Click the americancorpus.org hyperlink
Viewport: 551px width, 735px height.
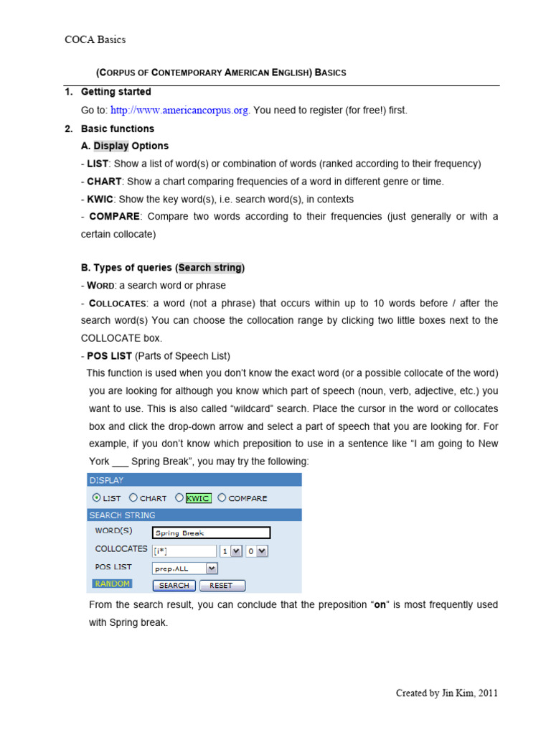pos(180,110)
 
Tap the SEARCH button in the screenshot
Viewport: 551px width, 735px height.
pos(174,585)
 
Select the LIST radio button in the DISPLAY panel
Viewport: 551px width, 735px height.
pos(97,497)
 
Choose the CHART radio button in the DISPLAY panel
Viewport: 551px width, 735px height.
pos(133,497)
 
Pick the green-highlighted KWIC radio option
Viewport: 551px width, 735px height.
pos(179,497)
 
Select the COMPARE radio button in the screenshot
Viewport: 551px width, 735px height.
pos(222,497)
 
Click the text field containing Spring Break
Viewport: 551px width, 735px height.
pos(211,533)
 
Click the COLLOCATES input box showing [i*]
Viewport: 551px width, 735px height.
pos(184,551)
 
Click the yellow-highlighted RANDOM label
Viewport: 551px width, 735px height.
pos(112,584)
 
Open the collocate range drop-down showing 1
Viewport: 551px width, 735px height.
pos(230,551)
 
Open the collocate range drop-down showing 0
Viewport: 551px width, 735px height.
pos(256,551)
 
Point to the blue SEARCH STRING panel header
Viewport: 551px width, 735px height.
pos(194,515)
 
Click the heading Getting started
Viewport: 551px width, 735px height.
pos(116,92)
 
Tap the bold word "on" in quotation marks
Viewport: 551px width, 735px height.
pos(381,605)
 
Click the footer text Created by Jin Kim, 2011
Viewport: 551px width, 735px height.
pos(446,693)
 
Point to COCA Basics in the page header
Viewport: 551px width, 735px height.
pos(95,39)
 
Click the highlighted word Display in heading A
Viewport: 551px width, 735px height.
pos(111,146)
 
